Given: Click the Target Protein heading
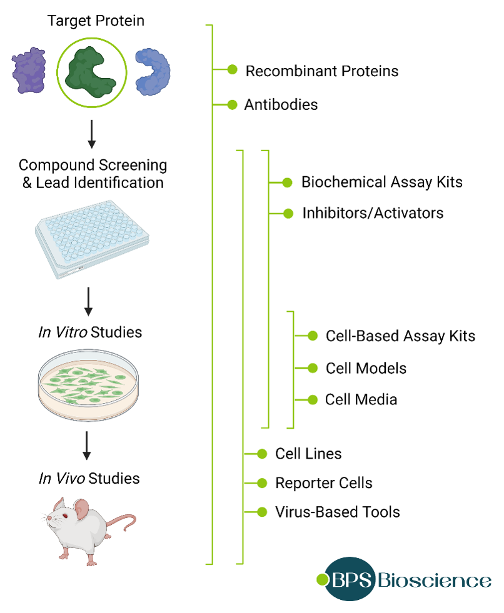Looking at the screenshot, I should pos(96,21).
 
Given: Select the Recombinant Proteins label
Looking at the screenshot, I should pos(321,71).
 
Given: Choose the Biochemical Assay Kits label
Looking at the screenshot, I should pos(381,182).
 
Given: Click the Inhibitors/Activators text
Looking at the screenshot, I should pos(373,213).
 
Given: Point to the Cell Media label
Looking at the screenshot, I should pos(361,399).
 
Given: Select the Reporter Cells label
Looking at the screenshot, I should pos(323,483).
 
